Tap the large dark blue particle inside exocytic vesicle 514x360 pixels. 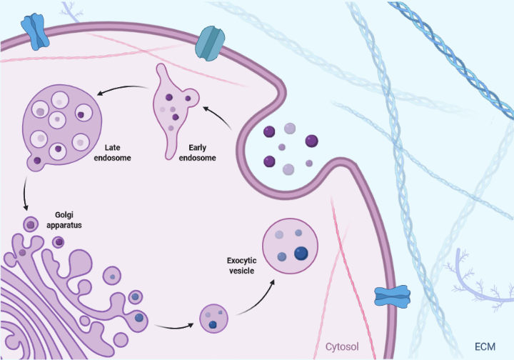point(301,253)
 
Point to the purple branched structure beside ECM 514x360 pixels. point(471,275)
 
